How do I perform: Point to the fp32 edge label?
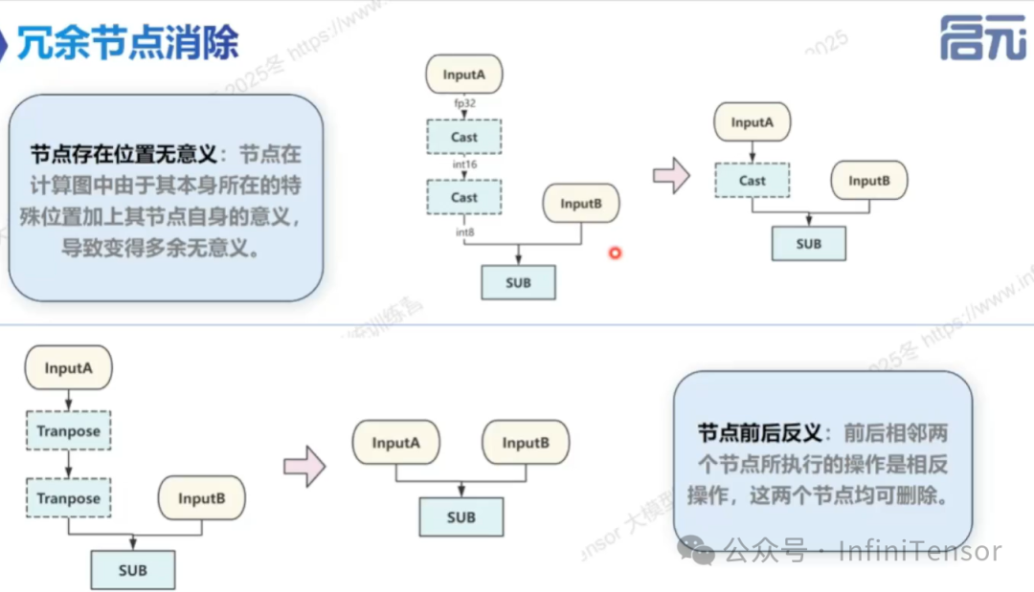(x=464, y=102)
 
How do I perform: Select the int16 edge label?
(x=464, y=165)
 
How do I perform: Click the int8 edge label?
(x=464, y=231)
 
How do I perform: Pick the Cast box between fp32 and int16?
(x=464, y=137)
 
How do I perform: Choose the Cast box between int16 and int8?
(x=464, y=198)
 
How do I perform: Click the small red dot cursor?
(x=616, y=253)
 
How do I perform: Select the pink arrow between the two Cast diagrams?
(x=671, y=175)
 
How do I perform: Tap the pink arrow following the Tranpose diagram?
(x=304, y=467)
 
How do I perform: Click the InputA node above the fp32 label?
(x=464, y=75)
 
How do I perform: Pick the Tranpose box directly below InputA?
(x=68, y=431)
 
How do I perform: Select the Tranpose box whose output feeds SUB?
(x=68, y=498)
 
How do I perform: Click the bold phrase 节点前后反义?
(x=759, y=432)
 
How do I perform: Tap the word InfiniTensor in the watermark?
(x=920, y=552)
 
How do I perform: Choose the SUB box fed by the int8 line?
(x=518, y=283)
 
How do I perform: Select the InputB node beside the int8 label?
(x=580, y=204)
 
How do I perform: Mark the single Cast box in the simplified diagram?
(x=752, y=180)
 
